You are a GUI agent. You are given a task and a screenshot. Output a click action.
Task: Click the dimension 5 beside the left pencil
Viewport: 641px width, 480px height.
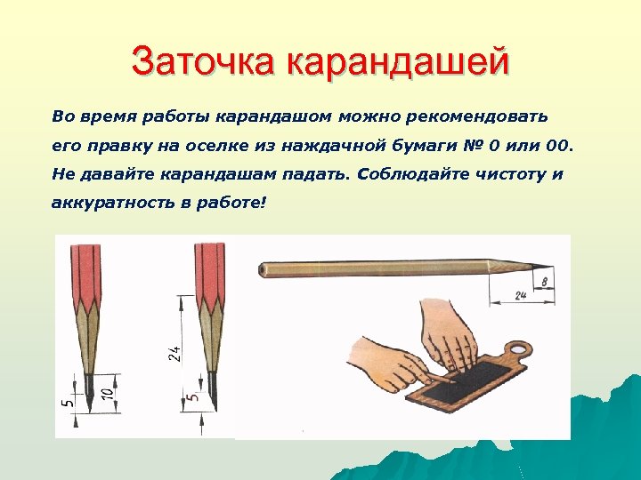tap(68, 403)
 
